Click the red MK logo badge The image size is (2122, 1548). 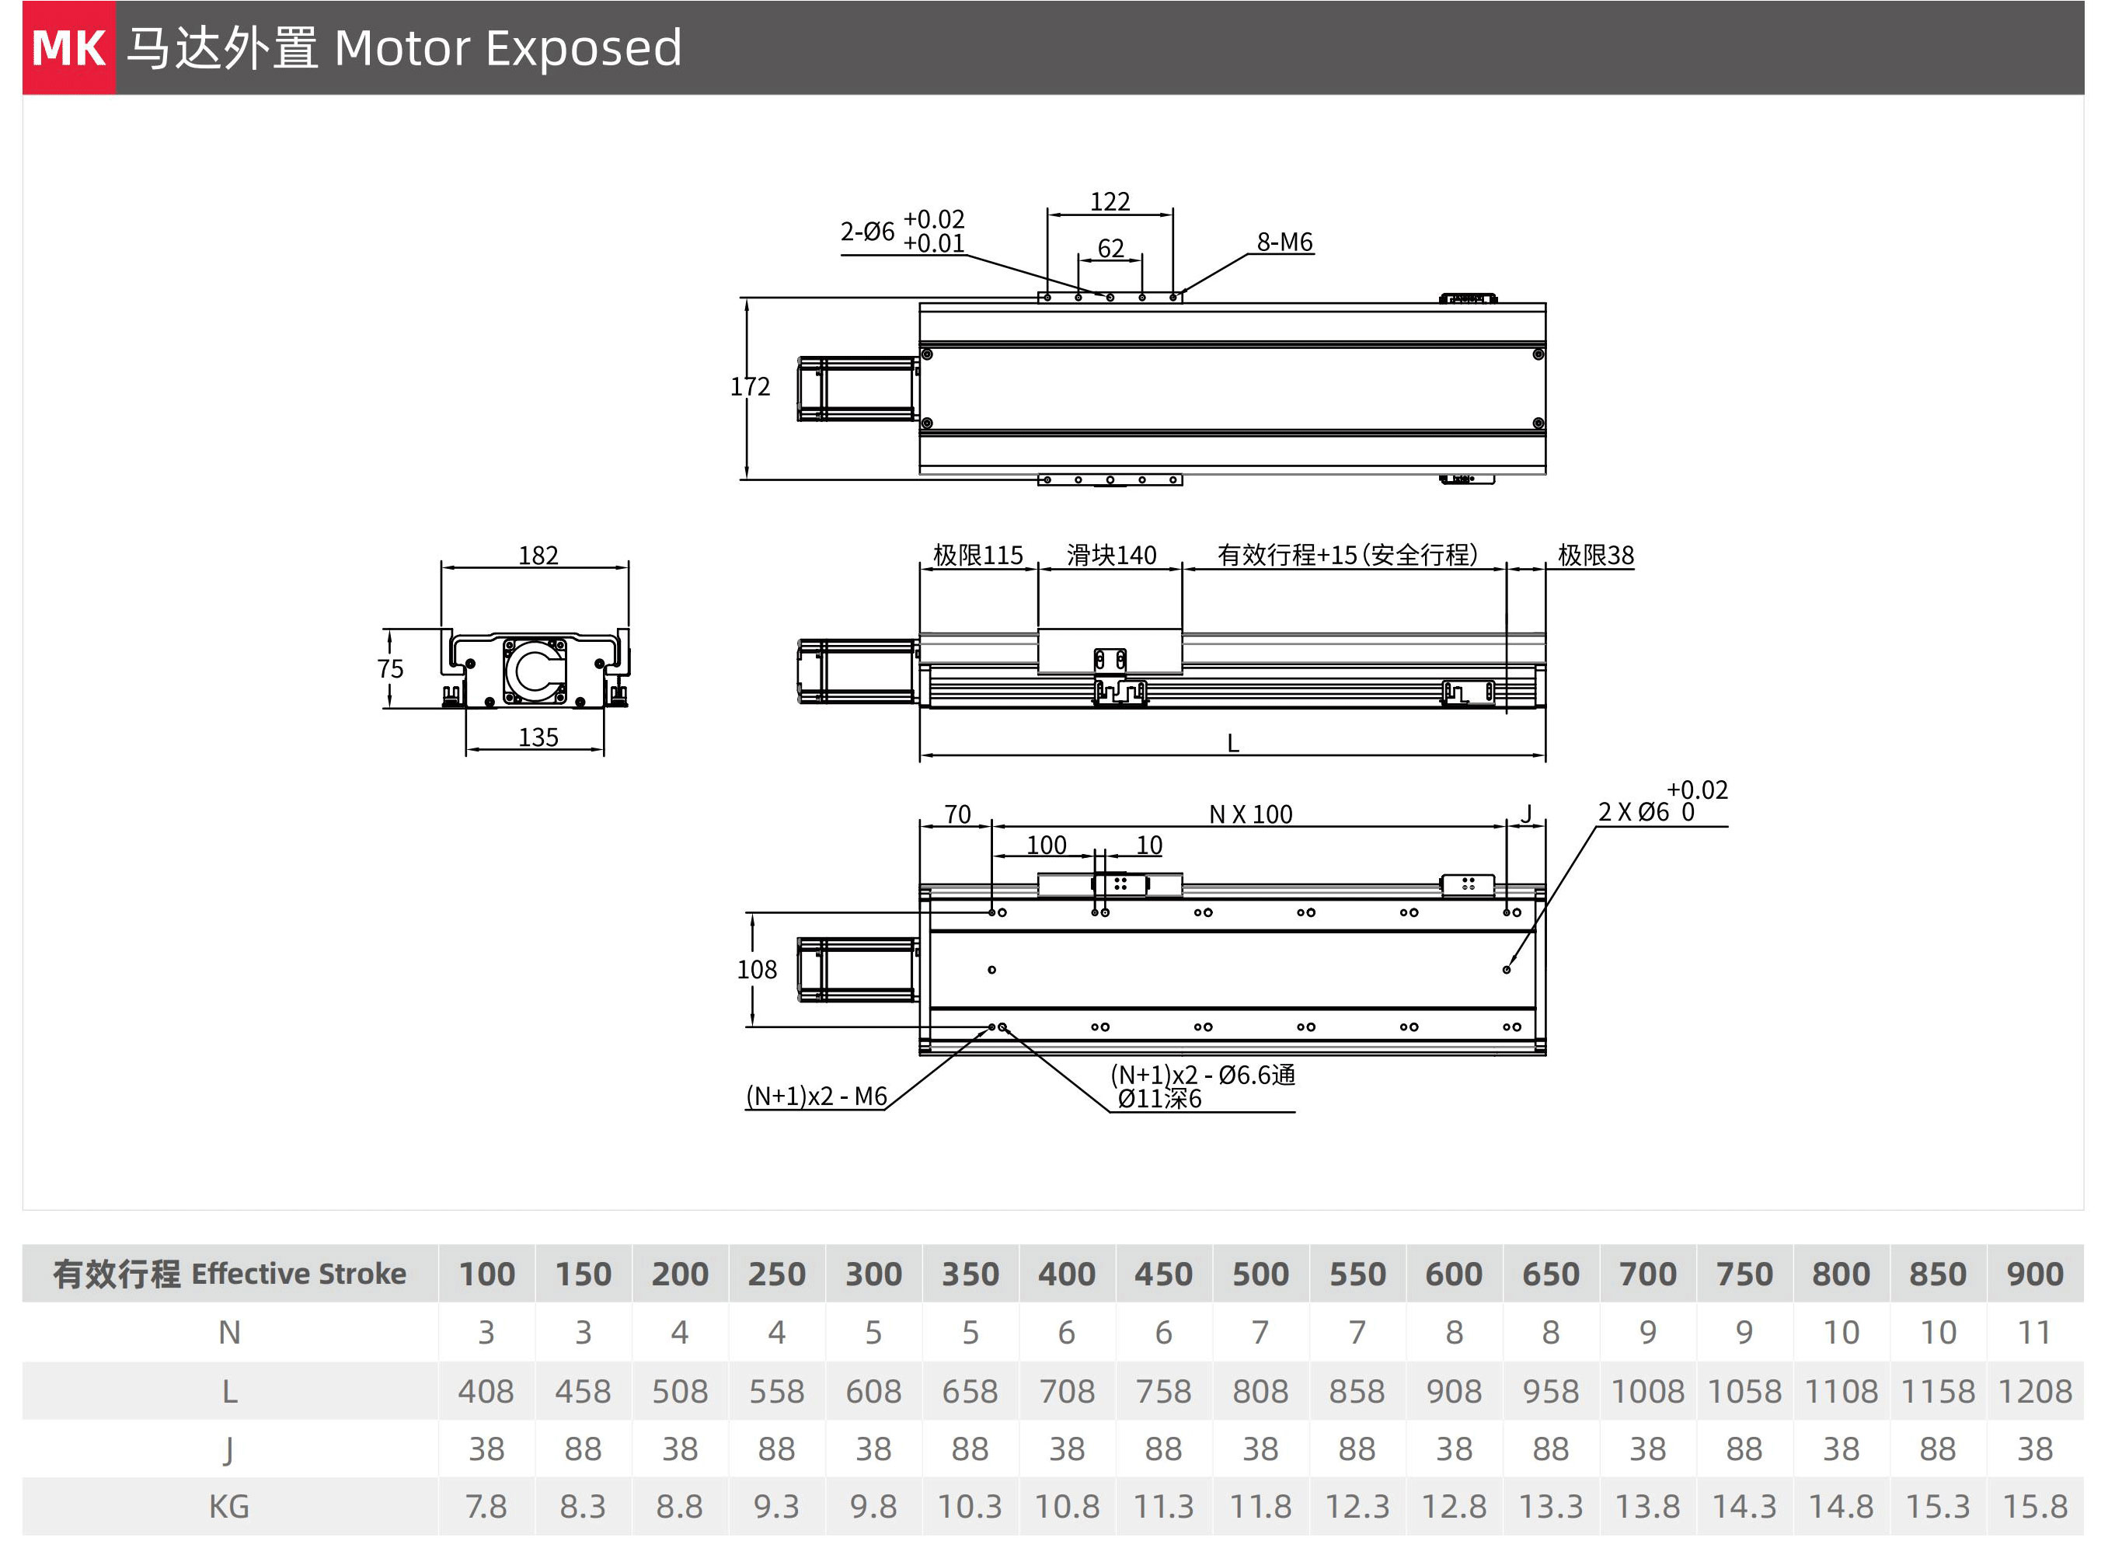pos(68,47)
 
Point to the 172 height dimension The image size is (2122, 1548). pos(751,386)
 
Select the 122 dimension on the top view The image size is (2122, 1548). pos(1110,201)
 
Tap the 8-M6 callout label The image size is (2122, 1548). pos(1284,242)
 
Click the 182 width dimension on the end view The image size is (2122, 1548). pos(538,556)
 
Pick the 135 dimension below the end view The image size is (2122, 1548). pos(538,737)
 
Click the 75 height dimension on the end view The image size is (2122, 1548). pos(391,668)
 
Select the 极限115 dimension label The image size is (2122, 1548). pos(978,555)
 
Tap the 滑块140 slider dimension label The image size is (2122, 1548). pos(1111,555)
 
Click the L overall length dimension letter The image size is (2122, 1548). pos(1233,744)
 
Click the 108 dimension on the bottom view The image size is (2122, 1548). pos(757,969)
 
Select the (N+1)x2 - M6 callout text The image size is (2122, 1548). pos(816,1096)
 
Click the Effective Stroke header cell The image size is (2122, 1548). pos(229,1274)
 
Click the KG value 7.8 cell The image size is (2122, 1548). pos(486,1507)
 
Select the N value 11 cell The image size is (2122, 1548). pos(2034,1333)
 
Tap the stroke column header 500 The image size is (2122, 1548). pos(1260,1274)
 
